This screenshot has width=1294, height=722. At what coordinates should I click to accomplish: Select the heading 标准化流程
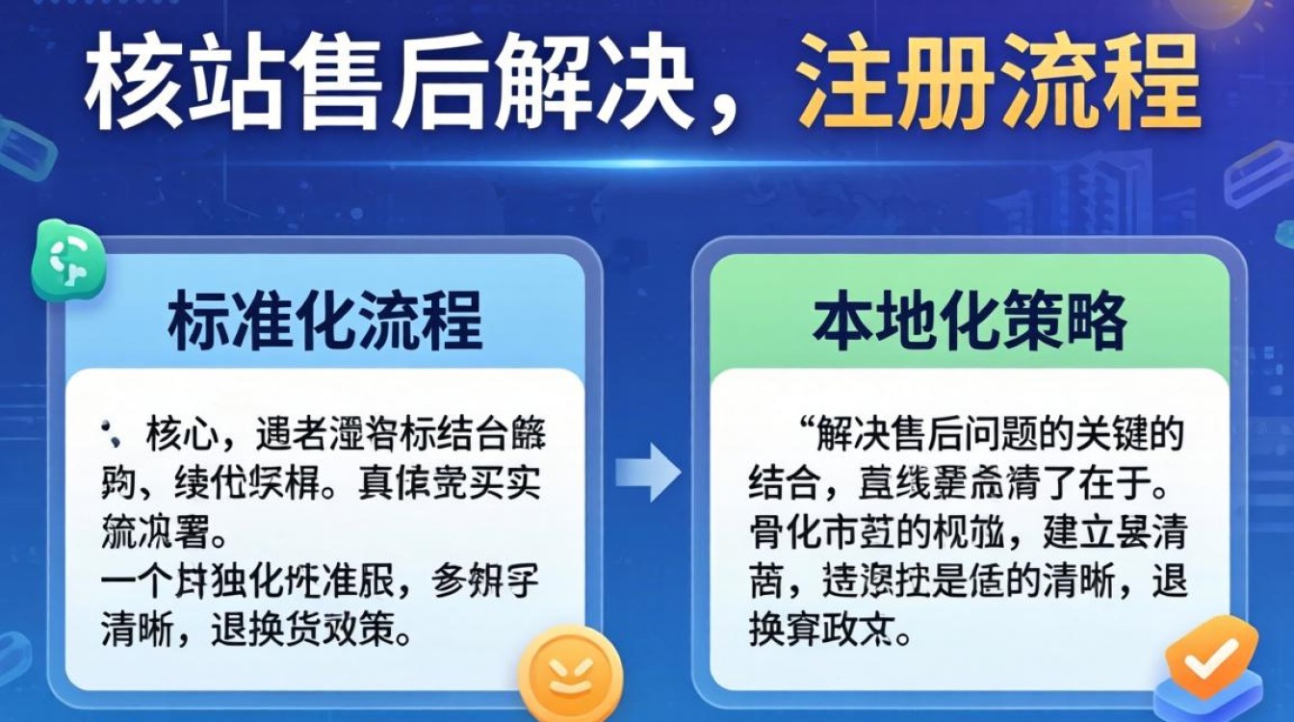[x=325, y=322]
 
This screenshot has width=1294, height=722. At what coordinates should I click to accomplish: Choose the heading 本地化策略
[x=970, y=322]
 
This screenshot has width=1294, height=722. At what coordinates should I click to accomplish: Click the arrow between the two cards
[x=648, y=472]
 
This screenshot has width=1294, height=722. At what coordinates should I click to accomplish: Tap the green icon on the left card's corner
[x=68, y=260]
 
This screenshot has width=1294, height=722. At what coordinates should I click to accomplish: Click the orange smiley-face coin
[x=564, y=675]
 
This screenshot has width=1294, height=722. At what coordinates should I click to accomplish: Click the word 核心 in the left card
[x=180, y=436]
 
